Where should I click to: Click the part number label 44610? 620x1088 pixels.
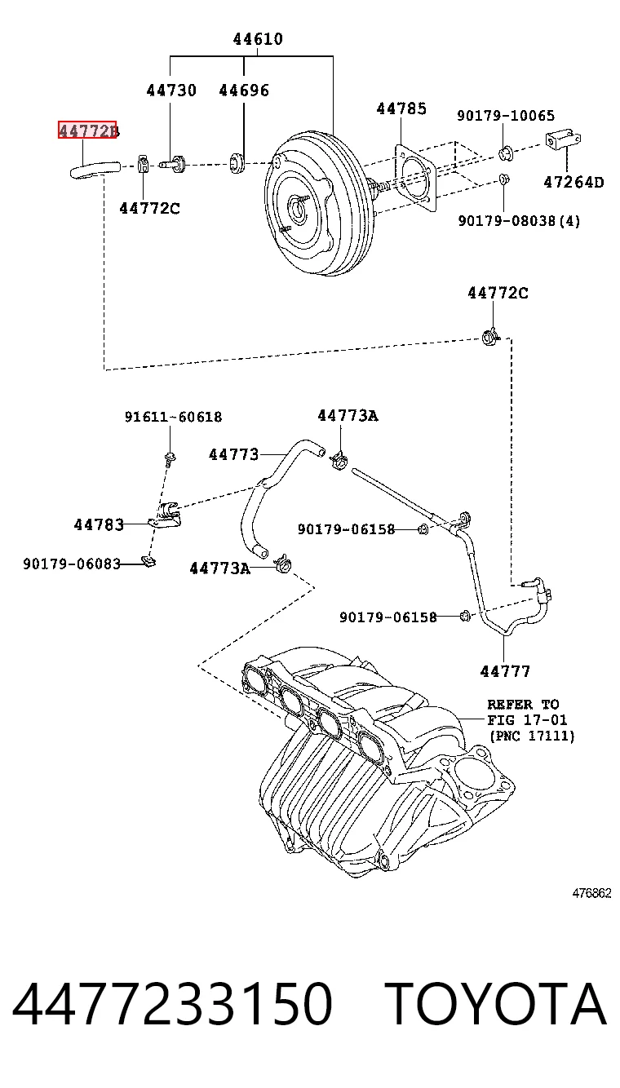258,39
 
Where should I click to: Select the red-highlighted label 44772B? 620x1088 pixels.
87,130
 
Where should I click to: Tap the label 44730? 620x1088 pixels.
171,91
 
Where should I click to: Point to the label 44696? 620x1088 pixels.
244,91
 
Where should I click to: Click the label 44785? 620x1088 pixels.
401,108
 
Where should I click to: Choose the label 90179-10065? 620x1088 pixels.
505,116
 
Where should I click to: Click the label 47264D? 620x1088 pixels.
573,182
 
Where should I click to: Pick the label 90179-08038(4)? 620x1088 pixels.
519,221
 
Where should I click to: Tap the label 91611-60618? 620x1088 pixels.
174,417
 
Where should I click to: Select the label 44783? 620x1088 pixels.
100,524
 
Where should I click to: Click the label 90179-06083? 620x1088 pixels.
72,564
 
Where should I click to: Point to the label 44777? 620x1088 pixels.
505,671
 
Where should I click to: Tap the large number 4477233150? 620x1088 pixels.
172,1003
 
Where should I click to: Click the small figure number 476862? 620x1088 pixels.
591,893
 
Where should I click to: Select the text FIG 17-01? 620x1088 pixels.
527,720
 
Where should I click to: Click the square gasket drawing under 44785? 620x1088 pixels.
414,178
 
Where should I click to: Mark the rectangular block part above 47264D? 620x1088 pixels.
564,140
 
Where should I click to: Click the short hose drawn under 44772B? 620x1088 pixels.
95,170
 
